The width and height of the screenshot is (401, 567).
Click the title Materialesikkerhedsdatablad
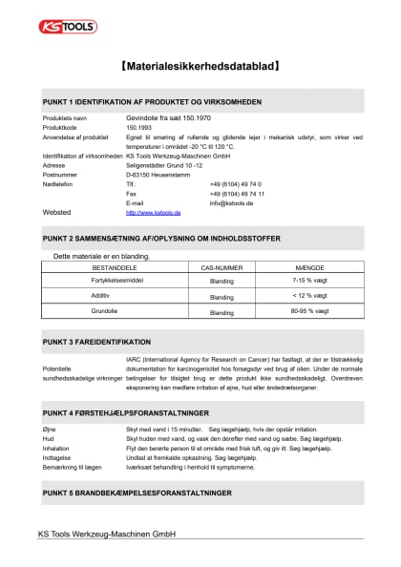click(x=201, y=68)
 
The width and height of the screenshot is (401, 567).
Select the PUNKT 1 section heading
click(x=152, y=101)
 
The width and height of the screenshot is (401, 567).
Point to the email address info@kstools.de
click(x=231, y=202)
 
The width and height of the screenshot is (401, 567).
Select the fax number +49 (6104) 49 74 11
click(x=237, y=193)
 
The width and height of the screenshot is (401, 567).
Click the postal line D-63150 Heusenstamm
click(x=159, y=175)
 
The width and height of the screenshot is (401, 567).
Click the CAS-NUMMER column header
click(x=221, y=270)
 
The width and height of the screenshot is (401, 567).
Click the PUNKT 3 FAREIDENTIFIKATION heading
click(x=96, y=341)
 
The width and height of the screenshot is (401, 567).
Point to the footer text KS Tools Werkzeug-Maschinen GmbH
click(x=107, y=534)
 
